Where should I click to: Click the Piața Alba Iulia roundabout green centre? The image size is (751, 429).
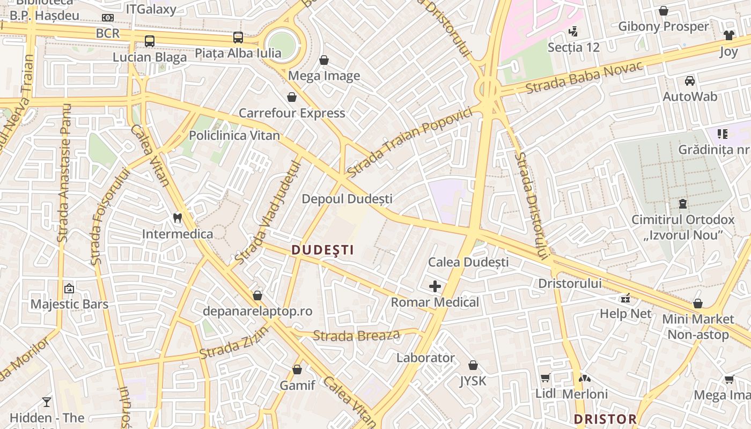(x=282, y=43)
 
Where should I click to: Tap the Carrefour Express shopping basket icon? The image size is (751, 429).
(x=292, y=97)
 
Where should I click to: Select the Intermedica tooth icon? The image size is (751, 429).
(x=178, y=218)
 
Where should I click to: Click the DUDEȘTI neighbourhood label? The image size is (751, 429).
(x=322, y=250)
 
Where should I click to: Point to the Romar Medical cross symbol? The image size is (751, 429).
(x=435, y=286)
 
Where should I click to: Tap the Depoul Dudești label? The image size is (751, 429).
(x=347, y=199)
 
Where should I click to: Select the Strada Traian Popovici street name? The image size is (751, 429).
(x=409, y=142)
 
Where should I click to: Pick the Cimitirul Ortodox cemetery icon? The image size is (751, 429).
(x=683, y=204)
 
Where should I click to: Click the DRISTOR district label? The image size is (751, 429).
(x=605, y=419)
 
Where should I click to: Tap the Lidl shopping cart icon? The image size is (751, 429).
(x=546, y=378)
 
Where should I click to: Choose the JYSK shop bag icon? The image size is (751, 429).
(x=473, y=365)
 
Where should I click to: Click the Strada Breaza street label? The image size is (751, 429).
(x=356, y=336)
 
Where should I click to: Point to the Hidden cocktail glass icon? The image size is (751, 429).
(x=47, y=402)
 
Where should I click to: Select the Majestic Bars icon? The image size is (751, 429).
(x=69, y=289)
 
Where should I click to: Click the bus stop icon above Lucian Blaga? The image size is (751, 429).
(x=150, y=41)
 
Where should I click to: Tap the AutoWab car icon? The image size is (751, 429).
(x=690, y=81)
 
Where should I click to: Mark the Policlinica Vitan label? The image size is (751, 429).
(x=234, y=136)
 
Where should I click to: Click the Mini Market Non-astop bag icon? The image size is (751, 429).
(x=698, y=304)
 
